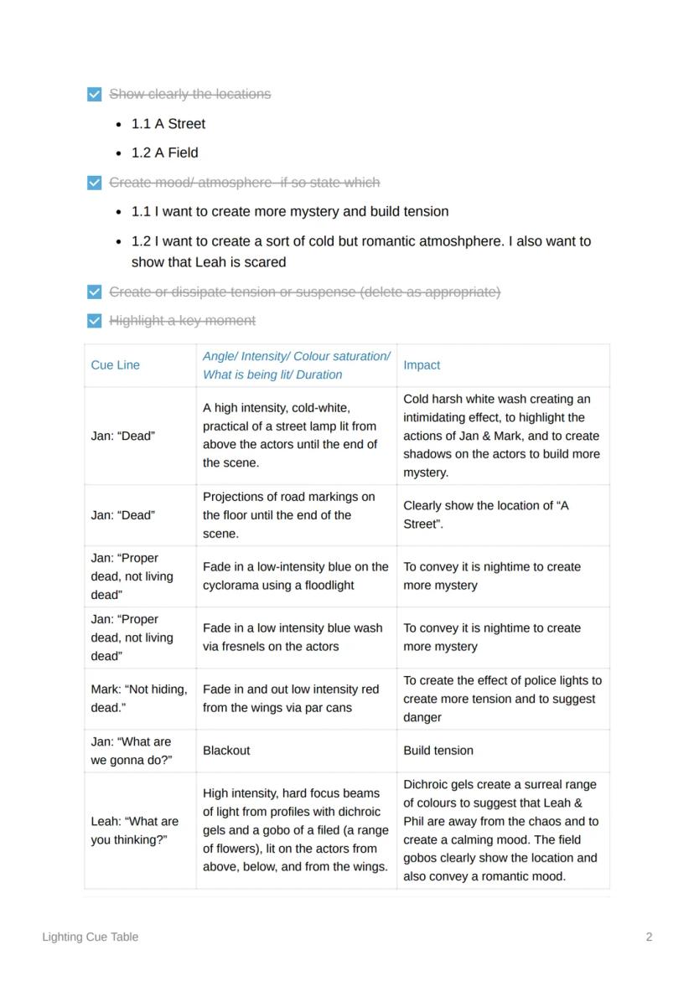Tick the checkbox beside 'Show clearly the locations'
click(x=95, y=94)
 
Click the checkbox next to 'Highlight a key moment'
click(x=95, y=321)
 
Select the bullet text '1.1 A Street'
click(x=168, y=124)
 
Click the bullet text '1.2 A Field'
click(x=164, y=153)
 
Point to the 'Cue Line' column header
click(x=115, y=365)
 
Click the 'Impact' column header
click(x=422, y=365)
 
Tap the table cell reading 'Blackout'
click(x=226, y=751)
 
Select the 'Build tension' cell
click(x=438, y=751)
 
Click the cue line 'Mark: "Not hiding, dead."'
click(x=139, y=699)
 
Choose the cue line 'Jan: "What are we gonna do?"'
click(x=132, y=751)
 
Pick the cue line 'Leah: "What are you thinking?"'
click(x=135, y=830)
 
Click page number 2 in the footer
click(x=649, y=937)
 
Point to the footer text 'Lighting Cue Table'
click(x=91, y=937)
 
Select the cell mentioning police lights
click(x=502, y=699)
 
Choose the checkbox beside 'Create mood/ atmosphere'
click(x=95, y=183)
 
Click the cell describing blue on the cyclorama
click(x=295, y=576)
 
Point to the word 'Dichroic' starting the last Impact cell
click(x=427, y=785)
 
